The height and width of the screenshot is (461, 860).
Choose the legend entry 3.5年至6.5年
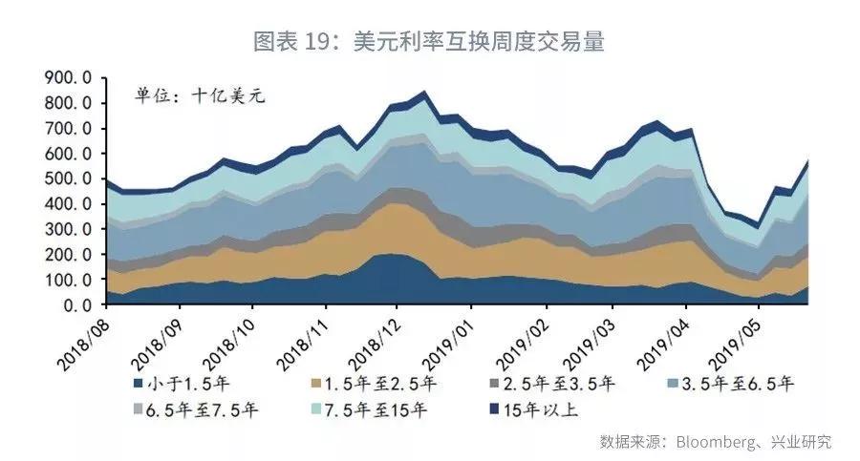click(x=736, y=385)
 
